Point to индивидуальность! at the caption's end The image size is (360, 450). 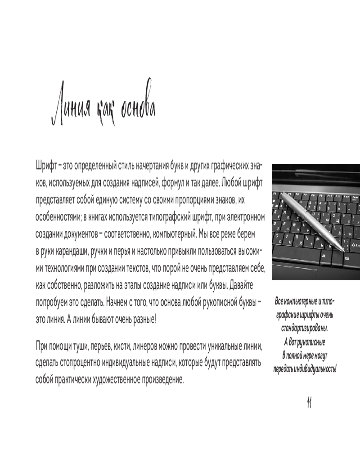coord(315,369)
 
